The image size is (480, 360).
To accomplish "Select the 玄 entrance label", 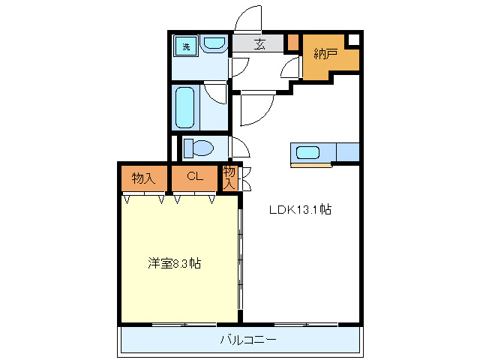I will [x=258, y=44].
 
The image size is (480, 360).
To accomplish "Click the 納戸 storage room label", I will [x=325, y=53].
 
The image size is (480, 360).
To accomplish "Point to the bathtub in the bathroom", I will [x=185, y=106].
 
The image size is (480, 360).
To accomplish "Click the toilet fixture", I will [x=199, y=147].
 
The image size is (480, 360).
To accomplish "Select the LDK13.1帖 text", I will [x=300, y=210].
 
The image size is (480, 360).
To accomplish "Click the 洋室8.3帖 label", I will [x=173, y=263].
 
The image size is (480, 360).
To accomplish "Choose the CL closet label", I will [x=195, y=178].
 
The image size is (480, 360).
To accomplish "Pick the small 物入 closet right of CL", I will [x=229, y=178].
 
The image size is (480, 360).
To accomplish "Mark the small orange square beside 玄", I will [x=292, y=43].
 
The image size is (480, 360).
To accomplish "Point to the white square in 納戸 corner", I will [x=354, y=40].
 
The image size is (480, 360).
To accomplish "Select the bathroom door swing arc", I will [x=217, y=94].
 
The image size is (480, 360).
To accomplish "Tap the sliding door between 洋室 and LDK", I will [x=240, y=259].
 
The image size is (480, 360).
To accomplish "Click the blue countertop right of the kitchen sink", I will [x=348, y=152].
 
